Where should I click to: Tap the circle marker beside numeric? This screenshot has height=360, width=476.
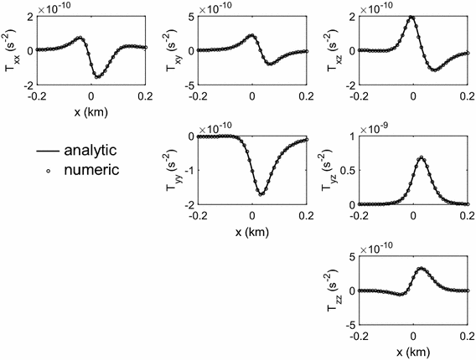click(x=47, y=170)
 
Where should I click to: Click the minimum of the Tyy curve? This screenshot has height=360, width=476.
click(x=261, y=195)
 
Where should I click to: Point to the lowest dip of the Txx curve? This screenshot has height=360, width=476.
click(x=98, y=77)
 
